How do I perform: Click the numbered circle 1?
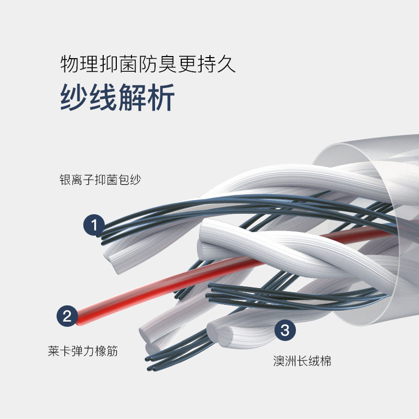[x=95, y=226]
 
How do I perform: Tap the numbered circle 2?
[x=67, y=316]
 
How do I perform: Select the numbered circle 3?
[x=285, y=330]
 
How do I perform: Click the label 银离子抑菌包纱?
[x=101, y=180]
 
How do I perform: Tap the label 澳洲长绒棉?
[x=302, y=361]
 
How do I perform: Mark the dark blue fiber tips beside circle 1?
[x=105, y=233]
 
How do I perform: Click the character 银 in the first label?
[x=65, y=180]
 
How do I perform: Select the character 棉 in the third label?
[x=325, y=361]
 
